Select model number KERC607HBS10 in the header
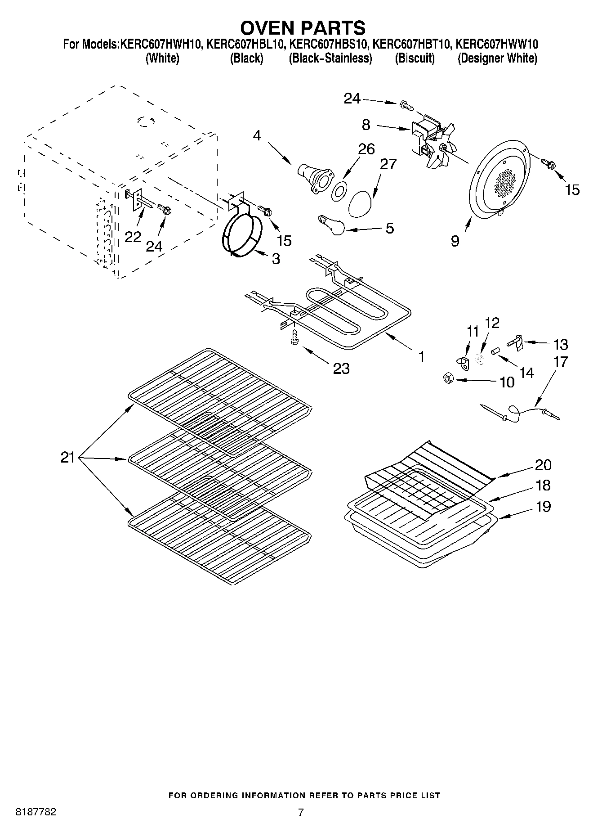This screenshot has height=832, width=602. click(x=328, y=45)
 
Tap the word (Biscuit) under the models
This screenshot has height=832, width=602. click(x=415, y=58)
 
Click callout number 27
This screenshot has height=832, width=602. click(x=388, y=165)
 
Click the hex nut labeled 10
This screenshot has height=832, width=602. click(x=449, y=378)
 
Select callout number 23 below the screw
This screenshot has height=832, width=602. click(x=341, y=369)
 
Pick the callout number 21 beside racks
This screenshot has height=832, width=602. click(x=67, y=458)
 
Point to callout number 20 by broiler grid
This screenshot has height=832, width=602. click(x=543, y=465)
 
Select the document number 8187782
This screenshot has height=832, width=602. click(x=36, y=812)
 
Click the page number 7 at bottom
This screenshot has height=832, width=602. click(x=301, y=812)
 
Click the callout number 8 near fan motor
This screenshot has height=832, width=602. click(x=366, y=125)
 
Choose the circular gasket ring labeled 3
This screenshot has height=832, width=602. click(x=243, y=236)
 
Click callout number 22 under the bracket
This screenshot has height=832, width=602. click(x=133, y=237)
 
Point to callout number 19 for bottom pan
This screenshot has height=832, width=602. click(x=543, y=507)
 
